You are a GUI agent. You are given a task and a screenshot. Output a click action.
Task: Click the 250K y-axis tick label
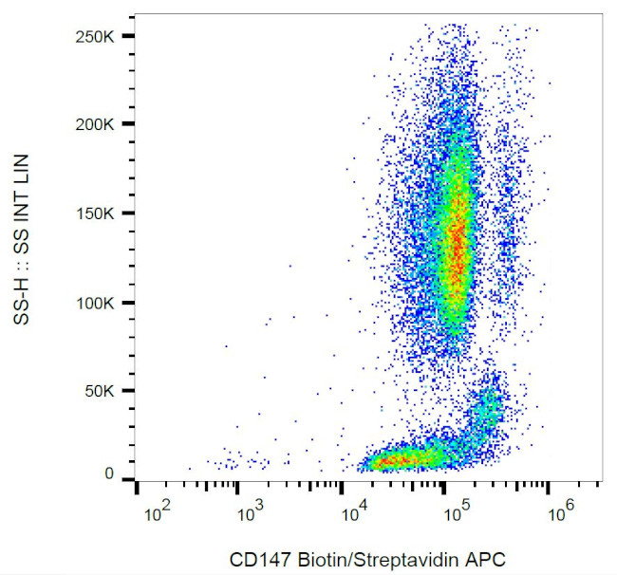coord(97,35)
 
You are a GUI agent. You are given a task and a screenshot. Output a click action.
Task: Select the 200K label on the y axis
coord(97,124)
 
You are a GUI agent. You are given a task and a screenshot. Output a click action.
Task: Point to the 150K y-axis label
coord(97,213)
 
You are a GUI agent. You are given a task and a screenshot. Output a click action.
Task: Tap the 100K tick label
coord(97,304)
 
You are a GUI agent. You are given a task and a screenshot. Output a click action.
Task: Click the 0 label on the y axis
coord(110,474)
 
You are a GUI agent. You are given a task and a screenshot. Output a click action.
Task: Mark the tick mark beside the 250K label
coord(127,35)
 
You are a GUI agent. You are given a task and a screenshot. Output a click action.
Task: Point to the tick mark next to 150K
coord(127,213)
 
